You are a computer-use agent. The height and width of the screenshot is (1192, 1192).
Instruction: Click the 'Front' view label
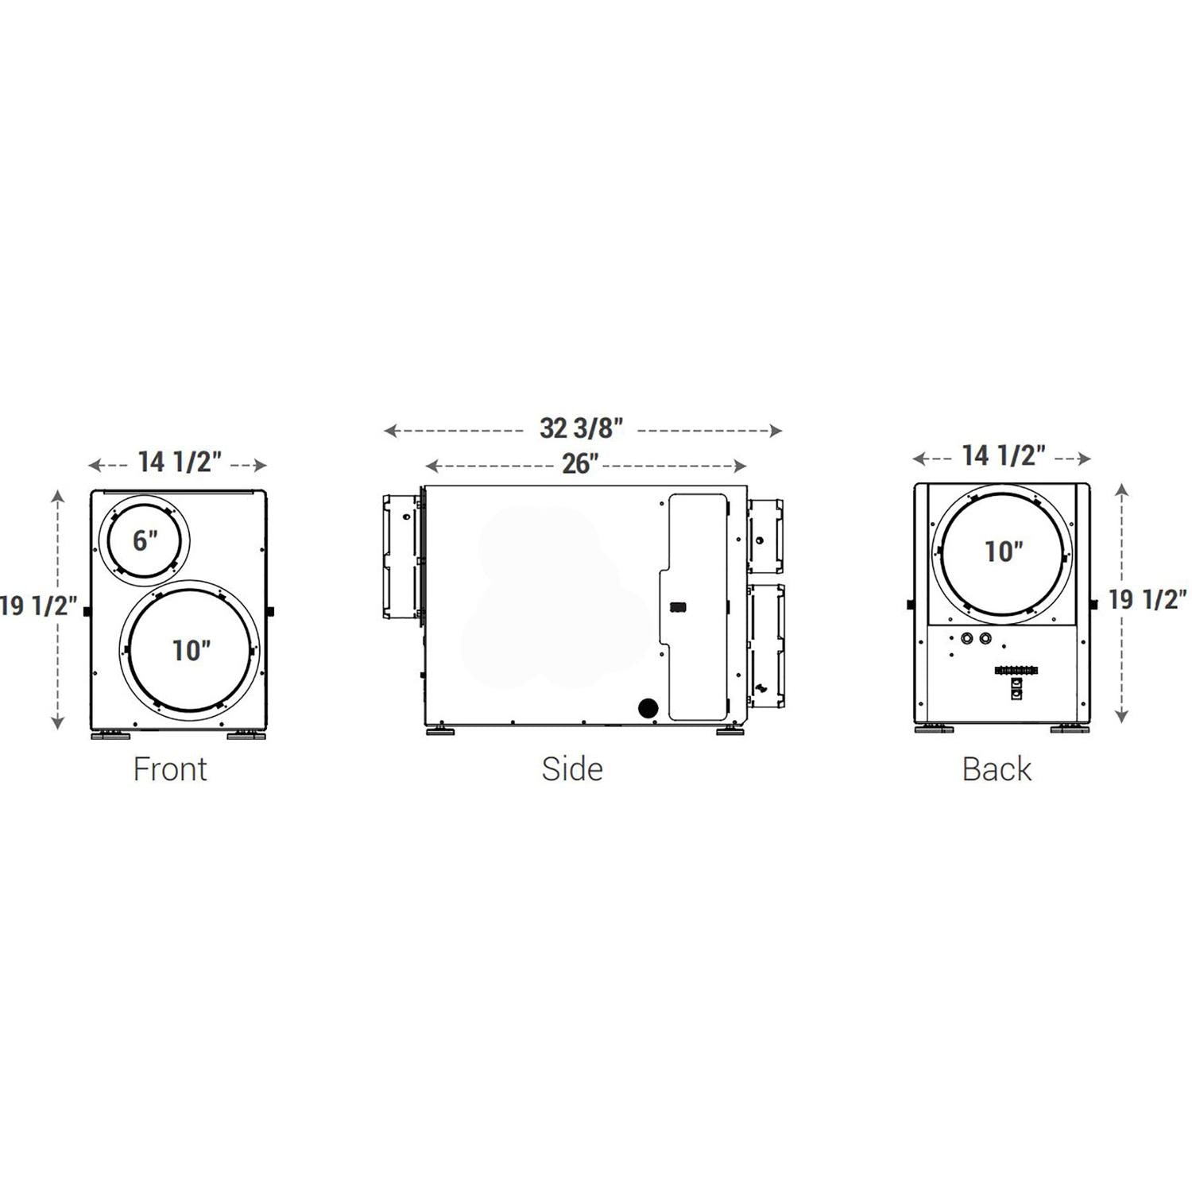tap(170, 769)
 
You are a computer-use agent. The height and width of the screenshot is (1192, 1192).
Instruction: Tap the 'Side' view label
tap(572, 769)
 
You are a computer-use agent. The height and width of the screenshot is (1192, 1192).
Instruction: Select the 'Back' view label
tap(997, 769)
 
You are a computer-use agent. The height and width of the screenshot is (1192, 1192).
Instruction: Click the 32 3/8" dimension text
tap(582, 428)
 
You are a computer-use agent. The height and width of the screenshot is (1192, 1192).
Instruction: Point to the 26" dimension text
tap(580, 464)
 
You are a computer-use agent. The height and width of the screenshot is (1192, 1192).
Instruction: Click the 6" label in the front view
tap(145, 541)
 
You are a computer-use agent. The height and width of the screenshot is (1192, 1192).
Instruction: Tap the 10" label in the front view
tap(192, 650)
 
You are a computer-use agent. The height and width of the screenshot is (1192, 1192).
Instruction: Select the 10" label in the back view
tap(1004, 551)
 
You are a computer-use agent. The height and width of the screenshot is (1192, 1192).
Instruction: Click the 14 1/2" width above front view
tap(180, 462)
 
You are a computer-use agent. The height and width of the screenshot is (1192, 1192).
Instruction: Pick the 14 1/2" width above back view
tap(1004, 455)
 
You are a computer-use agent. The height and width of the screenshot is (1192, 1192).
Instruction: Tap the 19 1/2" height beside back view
tap(1147, 599)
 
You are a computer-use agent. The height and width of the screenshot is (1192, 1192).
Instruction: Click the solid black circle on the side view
tap(648, 708)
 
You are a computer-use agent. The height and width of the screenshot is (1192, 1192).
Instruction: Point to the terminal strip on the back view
tap(1016, 671)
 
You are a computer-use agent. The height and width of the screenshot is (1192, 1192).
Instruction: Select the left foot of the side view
tap(440, 730)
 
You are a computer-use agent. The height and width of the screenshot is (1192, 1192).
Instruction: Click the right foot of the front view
tap(246, 735)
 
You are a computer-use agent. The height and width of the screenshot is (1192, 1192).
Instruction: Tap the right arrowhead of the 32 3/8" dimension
tap(776, 431)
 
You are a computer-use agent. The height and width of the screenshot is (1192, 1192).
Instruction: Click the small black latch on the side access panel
tap(678, 607)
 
